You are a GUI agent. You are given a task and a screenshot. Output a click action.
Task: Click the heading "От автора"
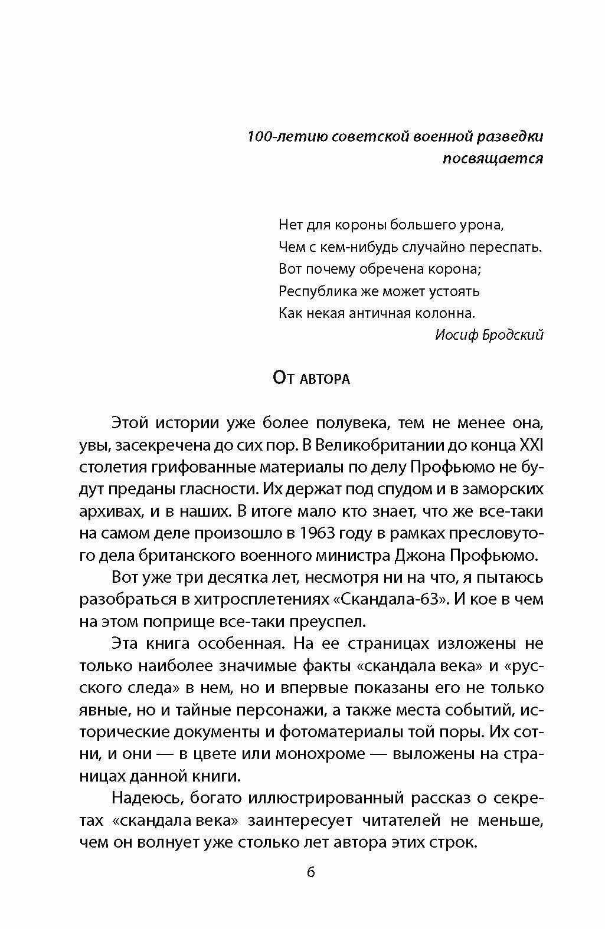[311, 378]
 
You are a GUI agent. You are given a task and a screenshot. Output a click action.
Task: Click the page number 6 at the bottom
[311, 872]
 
